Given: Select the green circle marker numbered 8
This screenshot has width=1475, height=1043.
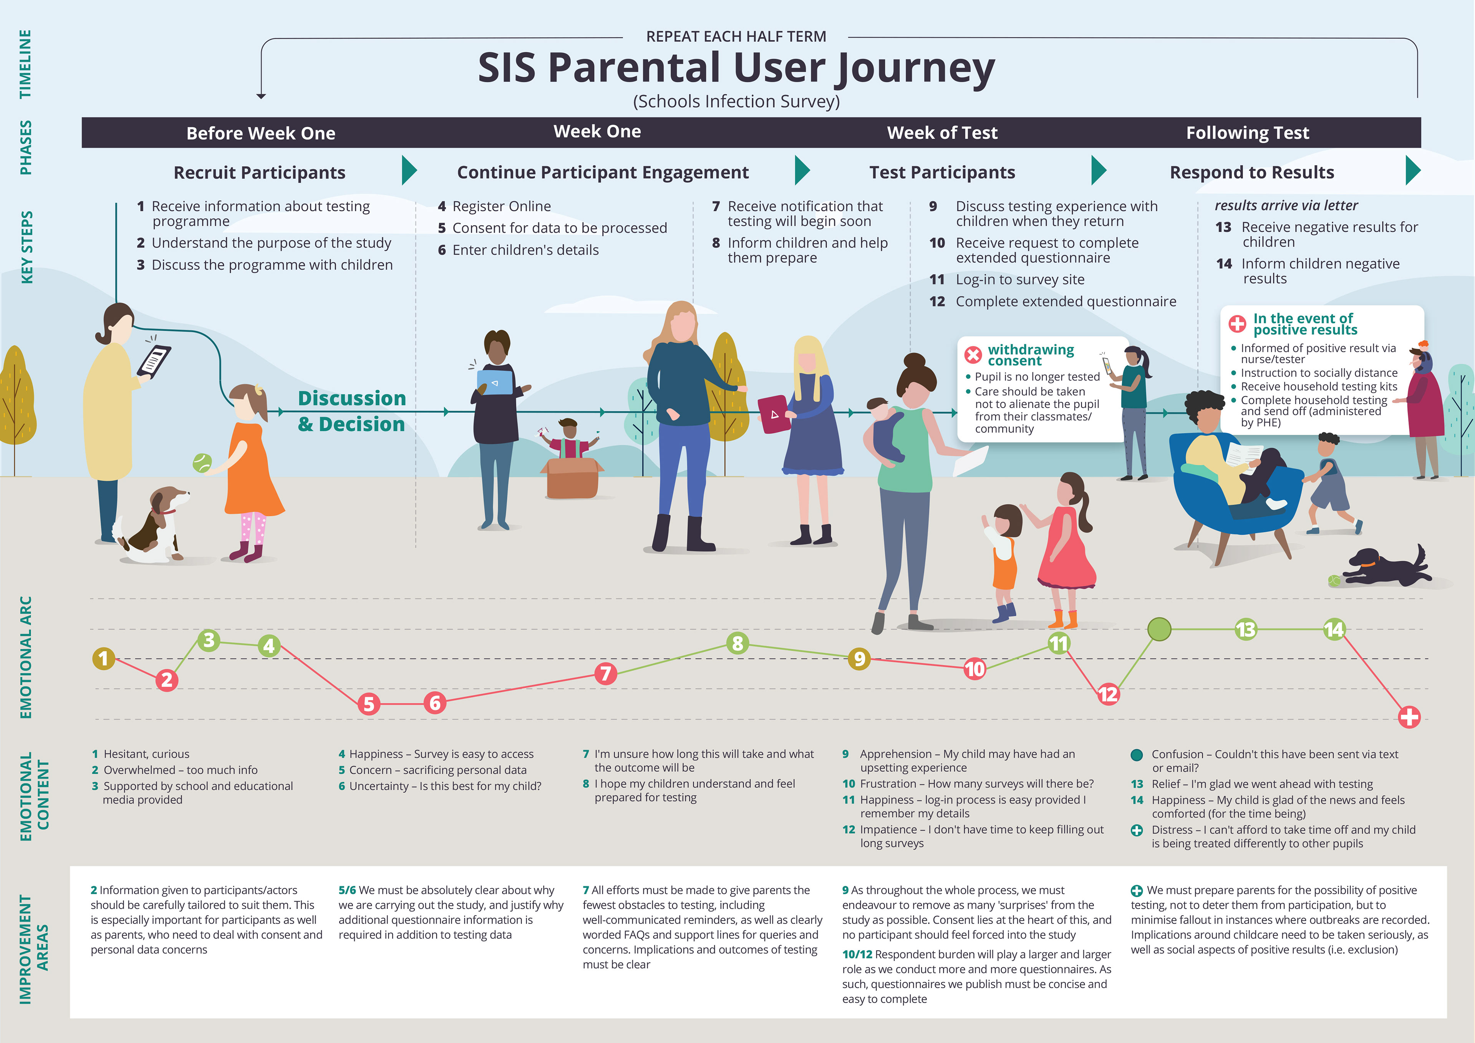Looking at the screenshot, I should pos(737,643).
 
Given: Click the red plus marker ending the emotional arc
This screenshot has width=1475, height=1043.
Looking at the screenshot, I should pos(1409,716).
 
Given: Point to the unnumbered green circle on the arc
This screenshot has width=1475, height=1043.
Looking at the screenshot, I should pos(1159,629).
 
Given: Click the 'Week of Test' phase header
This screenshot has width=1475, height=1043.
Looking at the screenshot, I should pos(942,133).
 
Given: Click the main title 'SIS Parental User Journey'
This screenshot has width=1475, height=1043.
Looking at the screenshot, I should pos(736,68).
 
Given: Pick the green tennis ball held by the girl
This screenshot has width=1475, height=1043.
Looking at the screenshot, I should pos(202,463).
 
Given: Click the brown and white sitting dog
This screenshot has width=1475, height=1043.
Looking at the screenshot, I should pos(154,524).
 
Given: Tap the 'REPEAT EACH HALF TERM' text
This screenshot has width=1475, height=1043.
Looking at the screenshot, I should pos(736,36).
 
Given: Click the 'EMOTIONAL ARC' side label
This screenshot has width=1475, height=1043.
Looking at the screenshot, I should pos(26,657).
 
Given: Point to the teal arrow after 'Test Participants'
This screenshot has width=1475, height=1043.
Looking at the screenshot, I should pos(1099,170).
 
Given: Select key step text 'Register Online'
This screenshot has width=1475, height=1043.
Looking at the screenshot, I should pos(501,206).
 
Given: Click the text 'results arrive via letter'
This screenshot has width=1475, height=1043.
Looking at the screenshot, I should pos(1286,206).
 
